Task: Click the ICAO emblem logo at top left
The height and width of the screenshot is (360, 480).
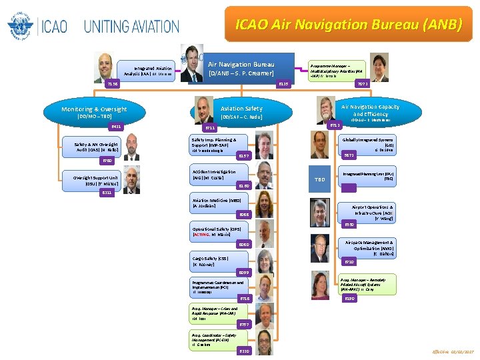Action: click(20, 27)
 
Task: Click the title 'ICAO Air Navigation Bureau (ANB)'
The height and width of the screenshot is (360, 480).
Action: click(348, 25)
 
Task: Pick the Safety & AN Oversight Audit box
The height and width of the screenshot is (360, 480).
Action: click(98, 147)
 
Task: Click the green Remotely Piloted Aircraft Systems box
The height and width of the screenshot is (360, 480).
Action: click(367, 285)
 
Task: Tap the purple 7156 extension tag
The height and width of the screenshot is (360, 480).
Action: click(114, 84)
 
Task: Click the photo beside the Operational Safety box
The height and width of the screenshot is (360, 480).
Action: click(265, 231)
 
